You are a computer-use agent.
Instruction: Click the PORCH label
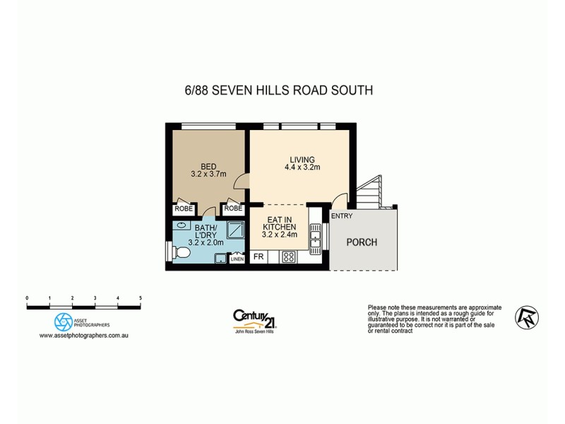pos(361,242)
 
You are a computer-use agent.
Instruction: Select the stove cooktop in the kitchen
pos(288,257)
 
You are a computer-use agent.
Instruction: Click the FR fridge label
pos(258,257)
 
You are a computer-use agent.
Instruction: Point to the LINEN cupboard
pos(237,259)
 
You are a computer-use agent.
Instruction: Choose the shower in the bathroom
pos(235,230)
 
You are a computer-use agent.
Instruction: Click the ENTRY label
pos(341,216)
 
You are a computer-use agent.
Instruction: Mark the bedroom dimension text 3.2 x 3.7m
pos(208,174)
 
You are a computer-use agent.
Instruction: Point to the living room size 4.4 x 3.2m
pos(302,167)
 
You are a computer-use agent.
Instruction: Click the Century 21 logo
pos(254,319)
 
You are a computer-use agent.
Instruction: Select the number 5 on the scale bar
pos(141,298)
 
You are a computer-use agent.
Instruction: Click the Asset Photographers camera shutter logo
pos(64,321)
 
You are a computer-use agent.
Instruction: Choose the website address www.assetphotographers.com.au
pos(83,335)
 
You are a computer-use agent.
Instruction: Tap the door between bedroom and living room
pos(243,182)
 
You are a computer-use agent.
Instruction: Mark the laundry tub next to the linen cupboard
pos(220,259)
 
